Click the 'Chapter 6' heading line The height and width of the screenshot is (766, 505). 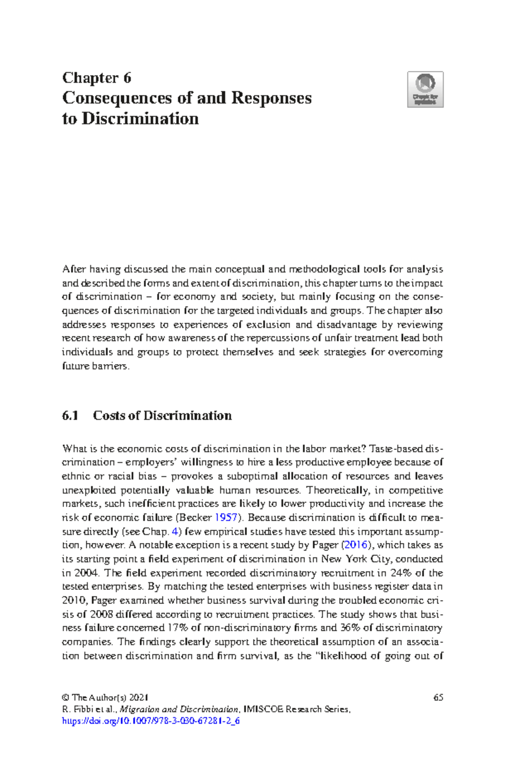click(97, 78)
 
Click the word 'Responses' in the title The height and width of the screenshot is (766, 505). click(271, 98)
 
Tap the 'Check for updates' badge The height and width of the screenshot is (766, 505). click(425, 89)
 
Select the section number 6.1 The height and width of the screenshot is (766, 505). click(70, 415)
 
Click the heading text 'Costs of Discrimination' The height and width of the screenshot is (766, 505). click(162, 415)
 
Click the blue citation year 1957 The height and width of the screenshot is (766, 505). click(226, 517)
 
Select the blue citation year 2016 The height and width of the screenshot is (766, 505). click(356, 545)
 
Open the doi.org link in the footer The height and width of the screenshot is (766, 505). click(151, 721)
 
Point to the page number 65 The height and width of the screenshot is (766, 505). click(438, 697)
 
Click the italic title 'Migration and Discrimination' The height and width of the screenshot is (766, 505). click(179, 709)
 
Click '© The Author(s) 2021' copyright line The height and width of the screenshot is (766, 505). click(105, 697)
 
